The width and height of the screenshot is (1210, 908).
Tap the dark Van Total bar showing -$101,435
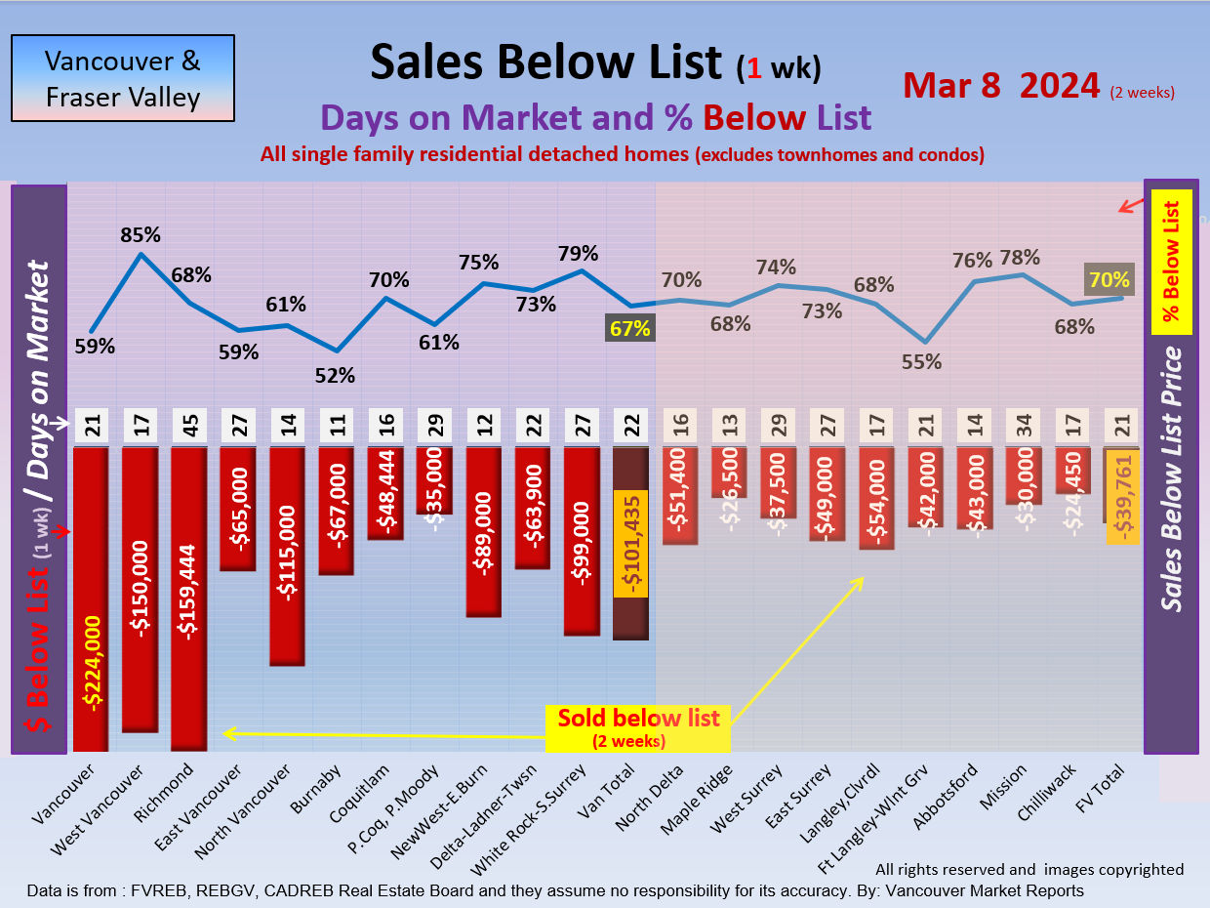point(630,543)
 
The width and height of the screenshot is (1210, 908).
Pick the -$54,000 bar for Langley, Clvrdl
point(875,497)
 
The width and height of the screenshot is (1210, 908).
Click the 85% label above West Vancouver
point(141,235)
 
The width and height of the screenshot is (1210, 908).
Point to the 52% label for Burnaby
point(336,375)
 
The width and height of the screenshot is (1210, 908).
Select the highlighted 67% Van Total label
point(629,328)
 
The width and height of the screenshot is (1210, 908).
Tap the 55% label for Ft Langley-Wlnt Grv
point(921,362)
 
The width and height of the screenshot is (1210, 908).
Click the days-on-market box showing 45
point(189,427)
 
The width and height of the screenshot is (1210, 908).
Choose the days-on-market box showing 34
point(1023,427)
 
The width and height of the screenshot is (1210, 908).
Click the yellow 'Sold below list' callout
point(638,727)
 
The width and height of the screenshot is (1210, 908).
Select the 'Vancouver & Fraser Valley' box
point(123,78)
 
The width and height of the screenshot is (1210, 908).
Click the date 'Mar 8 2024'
point(1001,86)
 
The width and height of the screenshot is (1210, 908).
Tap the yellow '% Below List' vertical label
point(1172,261)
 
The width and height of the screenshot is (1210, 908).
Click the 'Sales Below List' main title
point(546,62)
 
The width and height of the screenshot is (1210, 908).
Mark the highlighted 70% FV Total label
point(1109,280)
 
